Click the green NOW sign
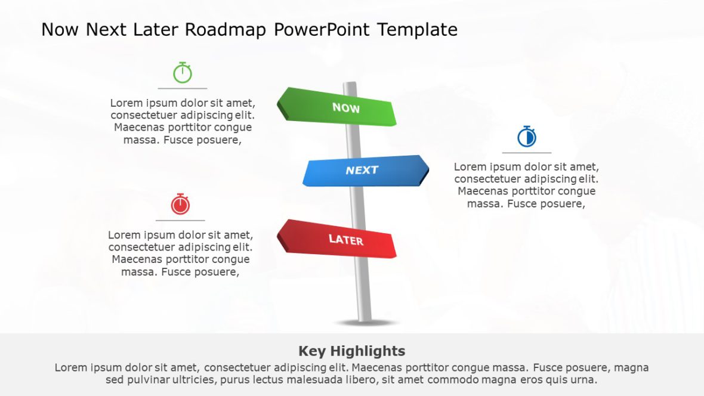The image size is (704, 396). click(338, 107)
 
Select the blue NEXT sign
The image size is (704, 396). click(365, 171)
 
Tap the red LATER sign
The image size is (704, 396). click(338, 239)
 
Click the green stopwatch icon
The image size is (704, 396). click(183, 73)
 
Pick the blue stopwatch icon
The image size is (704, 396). click(527, 137)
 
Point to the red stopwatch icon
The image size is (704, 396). click(180, 204)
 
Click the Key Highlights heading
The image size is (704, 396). click(351, 351)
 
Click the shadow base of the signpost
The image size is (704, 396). click(365, 323)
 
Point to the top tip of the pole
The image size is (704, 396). click(350, 84)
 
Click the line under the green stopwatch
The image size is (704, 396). click(183, 88)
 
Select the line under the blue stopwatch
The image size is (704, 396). click(527, 153)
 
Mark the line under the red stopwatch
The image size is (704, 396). click(180, 220)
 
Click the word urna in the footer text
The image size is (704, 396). click(584, 380)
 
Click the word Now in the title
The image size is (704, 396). click(60, 30)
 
